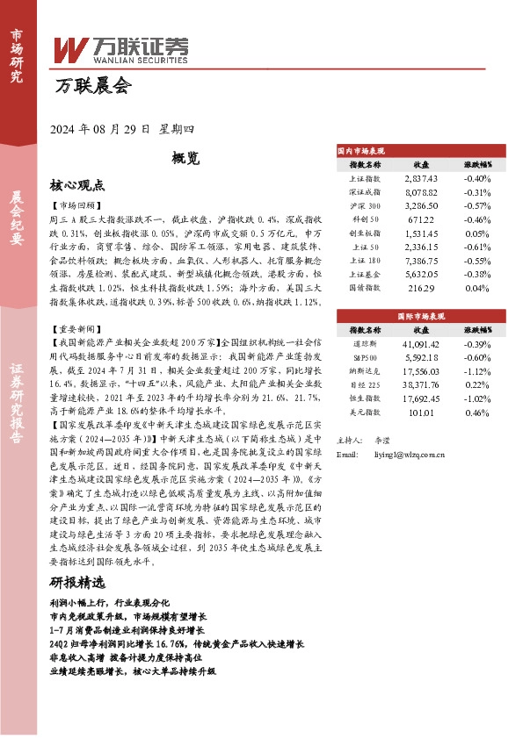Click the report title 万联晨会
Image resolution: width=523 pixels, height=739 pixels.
[91, 86]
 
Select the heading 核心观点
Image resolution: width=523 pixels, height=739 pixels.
[77, 185]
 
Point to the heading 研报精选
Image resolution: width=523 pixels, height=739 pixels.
[77, 583]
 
